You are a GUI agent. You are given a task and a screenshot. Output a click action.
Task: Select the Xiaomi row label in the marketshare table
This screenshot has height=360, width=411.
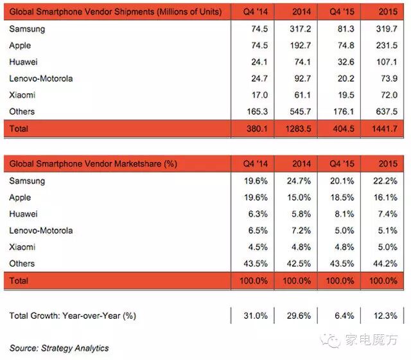tap(22, 247)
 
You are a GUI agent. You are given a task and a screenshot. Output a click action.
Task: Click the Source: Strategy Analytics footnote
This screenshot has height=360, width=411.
tap(59, 348)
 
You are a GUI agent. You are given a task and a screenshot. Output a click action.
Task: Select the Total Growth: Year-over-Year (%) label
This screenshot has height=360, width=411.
tap(73, 316)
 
